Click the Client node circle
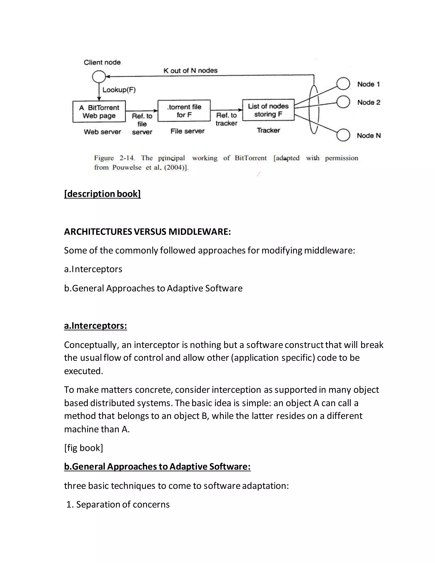[x=99, y=76]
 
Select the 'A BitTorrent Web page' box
[x=99, y=111]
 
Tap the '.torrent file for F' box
[x=184, y=111]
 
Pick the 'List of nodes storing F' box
[x=268, y=110]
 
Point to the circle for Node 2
[x=343, y=102]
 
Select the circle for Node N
[x=343, y=135]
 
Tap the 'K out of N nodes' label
[x=191, y=70]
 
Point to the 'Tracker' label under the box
[x=268, y=130]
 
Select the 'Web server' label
[x=102, y=132]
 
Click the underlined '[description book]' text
[x=102, y=194]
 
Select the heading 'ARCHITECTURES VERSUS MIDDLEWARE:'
[x=147, y=232]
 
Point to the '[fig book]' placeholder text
[x=83, y=448]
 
